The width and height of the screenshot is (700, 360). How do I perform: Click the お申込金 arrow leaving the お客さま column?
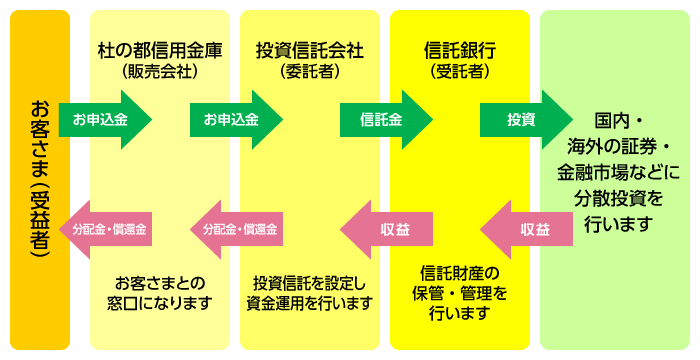[103, 120]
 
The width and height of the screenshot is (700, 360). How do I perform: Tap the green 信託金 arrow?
[385, 120]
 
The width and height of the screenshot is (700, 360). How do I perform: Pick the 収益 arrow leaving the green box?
[530, 229]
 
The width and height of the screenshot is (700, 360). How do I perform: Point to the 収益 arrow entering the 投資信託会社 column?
[391, 229]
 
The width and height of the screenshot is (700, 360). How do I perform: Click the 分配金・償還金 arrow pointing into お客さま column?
[107, 229]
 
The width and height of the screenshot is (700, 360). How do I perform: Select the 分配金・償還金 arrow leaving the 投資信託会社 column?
[238, 229]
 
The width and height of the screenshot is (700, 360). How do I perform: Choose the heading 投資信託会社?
[309, 50]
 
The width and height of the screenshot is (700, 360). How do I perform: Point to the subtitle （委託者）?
[309, 71]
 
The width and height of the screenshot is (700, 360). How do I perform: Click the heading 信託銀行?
[459, 50]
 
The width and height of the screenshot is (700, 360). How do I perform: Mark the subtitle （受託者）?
[459, 71]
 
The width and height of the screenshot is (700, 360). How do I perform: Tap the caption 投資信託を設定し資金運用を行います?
[309, 291]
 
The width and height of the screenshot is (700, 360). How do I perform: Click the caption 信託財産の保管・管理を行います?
[459, 293]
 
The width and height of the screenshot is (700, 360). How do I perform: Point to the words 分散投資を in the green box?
[618, 197]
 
